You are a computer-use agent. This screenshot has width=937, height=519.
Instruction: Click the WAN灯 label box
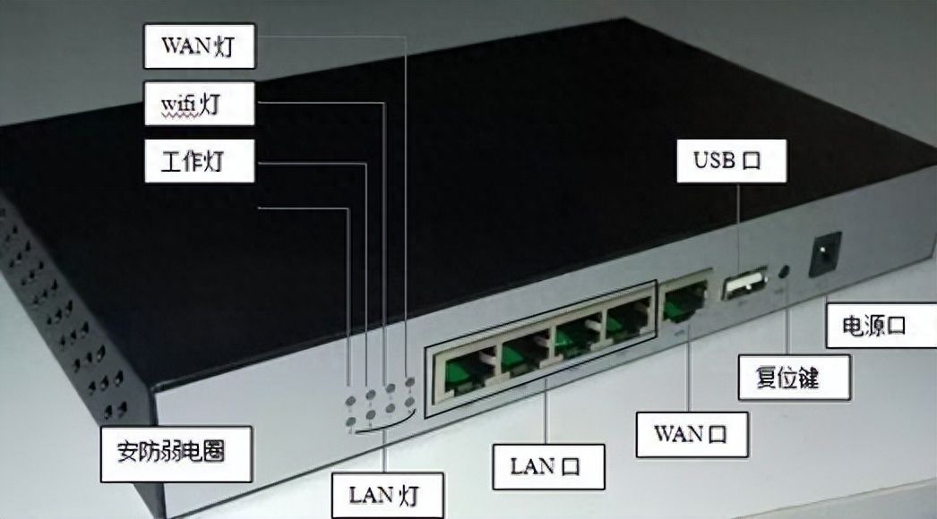(x=199, y=47)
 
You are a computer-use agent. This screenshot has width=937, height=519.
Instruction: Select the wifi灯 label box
(x=199, y=105)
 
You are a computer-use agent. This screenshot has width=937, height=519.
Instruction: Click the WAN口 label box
(x=691, y=435)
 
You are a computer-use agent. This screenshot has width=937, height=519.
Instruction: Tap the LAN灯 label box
(x=385, y=494)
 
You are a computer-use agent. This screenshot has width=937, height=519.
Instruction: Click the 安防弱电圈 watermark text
(x=172, y=450)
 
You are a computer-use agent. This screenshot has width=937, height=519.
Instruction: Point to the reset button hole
(x=787, y=269)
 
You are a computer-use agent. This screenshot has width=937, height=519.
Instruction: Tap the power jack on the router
(x=824, y=253)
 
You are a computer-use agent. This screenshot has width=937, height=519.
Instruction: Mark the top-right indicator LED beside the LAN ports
(x=409, y=383)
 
